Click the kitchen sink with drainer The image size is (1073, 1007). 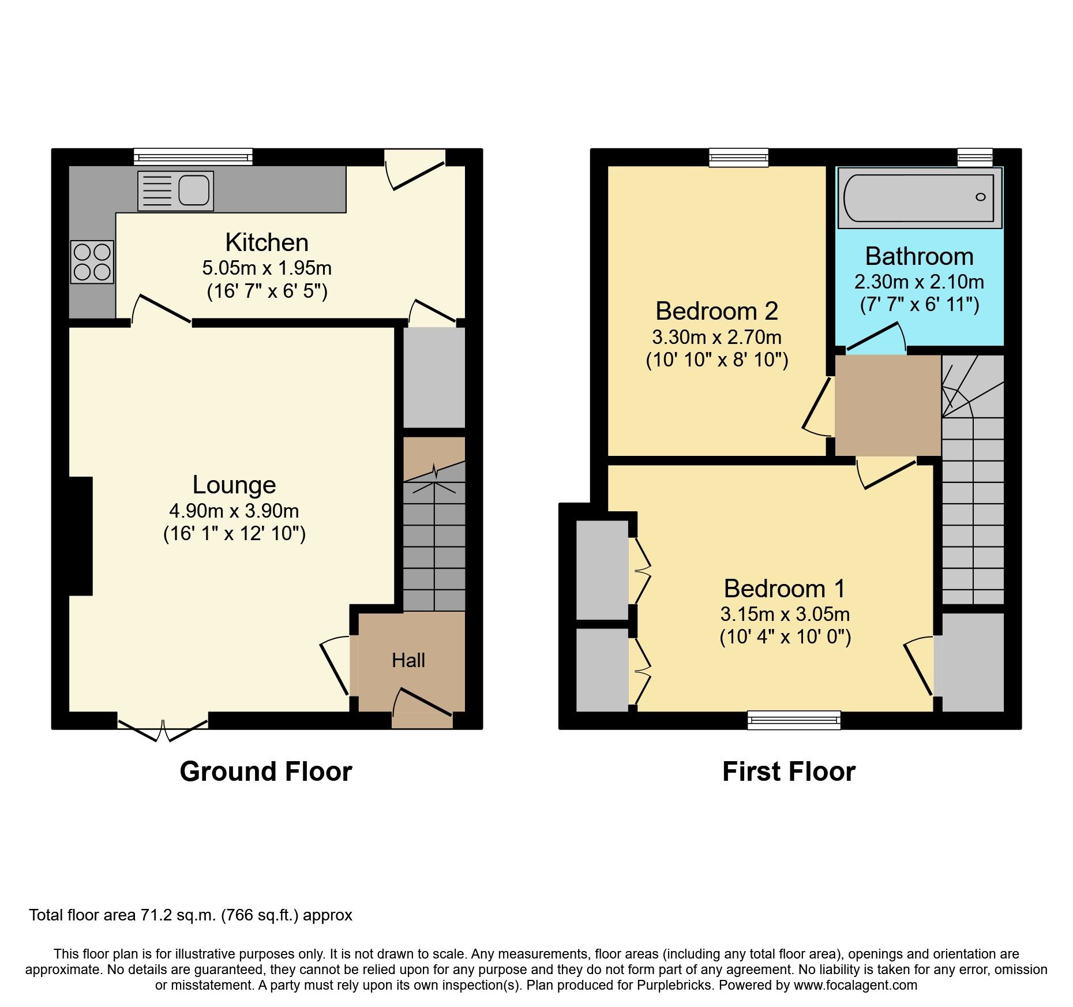click(x=175, y=190)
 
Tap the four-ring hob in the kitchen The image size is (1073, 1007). click(x=92, y=262)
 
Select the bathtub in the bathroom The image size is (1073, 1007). click(x=919, y=198)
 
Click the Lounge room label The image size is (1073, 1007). click(x=234, y=485)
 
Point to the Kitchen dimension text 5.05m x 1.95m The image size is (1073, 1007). click(x=267, y=268)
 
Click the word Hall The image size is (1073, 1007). click(x=408, y=660)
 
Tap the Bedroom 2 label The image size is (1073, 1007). click(x=716, y=311)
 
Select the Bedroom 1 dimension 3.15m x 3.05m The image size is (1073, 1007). click(x=785, y=614)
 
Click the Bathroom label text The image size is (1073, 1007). click(x=919, y=256)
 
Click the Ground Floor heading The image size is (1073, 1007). click(x=266, y=772)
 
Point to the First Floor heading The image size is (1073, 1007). click(x=789, y=772)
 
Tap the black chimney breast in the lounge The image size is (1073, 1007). click(x=80, y=536)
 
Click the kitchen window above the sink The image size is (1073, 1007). click(x=193, y=156)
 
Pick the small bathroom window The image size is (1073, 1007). click(x=975, y=157)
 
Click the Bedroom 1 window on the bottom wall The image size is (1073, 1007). click(x=794, y=720)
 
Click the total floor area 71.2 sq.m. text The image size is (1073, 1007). click(x=190, y=915)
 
